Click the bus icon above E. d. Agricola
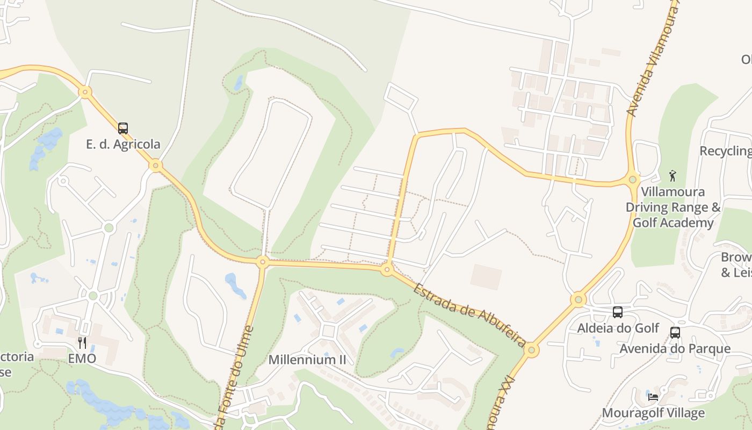(x=123, y=128)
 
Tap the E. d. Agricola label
(x=123, y=144)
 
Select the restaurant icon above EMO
(x=82, y=342)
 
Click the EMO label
(x=82, y=358)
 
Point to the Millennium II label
(x=307, y=360)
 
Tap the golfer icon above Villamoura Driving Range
(x=673, y=176)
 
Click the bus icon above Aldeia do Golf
(x=618, y=312)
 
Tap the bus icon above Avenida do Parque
(x=675, y=333)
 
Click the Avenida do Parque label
(x=675, y=349)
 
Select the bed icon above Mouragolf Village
(x=653, y=397)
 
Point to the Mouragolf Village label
(x=653, y=413)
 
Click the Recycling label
(x=725, y=151)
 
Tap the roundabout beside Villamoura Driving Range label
(x=633, y=180)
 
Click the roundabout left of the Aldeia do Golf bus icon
(x=578, y=299)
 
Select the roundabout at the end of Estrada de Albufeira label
(x=531, y=350)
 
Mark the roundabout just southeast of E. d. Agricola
(x=156, y=165)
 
